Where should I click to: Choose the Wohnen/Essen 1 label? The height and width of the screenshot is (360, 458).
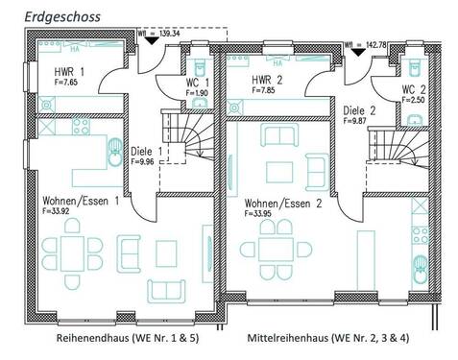tap(80, 201)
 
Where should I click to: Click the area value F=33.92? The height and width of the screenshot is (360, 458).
tap(59, 211)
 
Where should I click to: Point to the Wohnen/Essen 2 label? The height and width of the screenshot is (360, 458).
tap(281, 204)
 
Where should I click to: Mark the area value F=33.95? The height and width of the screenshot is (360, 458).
tap(262, 215)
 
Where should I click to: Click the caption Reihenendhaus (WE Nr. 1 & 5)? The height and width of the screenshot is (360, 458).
tap(119, 339)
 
